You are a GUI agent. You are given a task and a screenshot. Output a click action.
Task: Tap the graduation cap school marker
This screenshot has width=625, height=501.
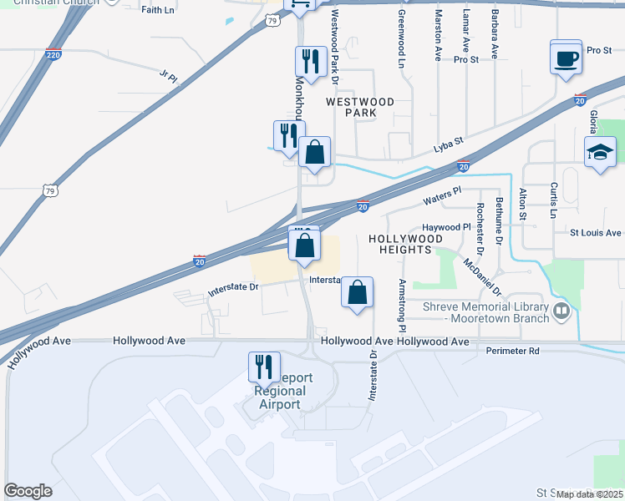[600, 153]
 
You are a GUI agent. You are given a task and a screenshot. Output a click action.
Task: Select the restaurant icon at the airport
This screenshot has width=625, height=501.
[263, 367]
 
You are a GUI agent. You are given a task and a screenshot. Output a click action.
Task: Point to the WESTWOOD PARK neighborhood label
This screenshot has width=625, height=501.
[360, 106]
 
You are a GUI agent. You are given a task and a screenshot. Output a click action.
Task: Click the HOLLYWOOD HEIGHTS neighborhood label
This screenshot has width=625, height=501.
[404, 244]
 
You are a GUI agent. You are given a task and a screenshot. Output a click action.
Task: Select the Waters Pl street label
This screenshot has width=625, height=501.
[442, 197]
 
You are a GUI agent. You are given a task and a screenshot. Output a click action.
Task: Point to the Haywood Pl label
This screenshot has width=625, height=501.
[447, 227]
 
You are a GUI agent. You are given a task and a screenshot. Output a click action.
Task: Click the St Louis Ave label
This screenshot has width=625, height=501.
[596, 233]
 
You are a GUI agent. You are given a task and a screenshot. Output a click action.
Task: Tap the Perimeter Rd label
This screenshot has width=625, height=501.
[513, 350]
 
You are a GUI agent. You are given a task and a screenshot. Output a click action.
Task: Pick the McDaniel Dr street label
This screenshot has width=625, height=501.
[482, 276]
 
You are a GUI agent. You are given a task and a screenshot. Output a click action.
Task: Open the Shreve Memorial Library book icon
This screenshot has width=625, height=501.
[562, 312]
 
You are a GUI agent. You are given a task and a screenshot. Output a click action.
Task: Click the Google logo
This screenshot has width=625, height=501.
[28, 491]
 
